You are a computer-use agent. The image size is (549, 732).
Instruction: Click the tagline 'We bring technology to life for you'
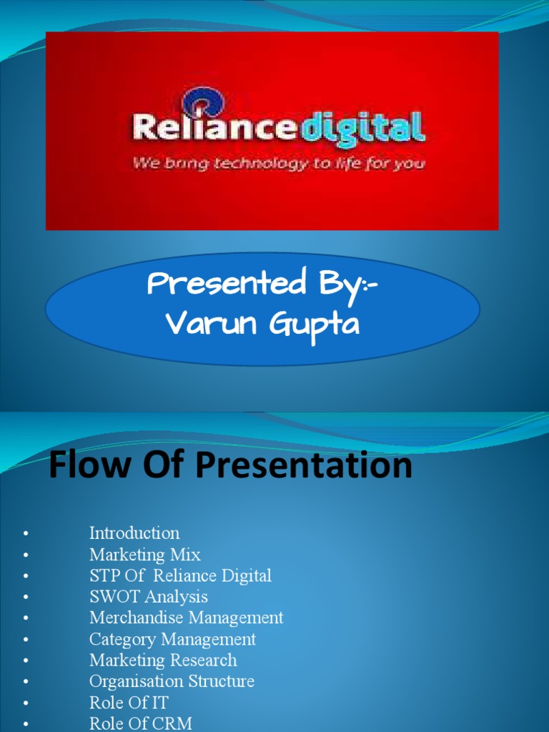coord(278,164)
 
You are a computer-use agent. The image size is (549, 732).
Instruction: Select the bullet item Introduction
coord(134,533)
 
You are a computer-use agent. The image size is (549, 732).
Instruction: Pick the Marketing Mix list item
coord(145,555)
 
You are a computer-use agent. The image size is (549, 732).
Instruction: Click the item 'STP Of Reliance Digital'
coord(180,575)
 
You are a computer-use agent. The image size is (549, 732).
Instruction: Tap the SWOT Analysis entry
coord(149,596)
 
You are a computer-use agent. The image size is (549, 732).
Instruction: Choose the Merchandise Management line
coord(186,618)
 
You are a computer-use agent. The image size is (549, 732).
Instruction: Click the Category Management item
coord(172,639)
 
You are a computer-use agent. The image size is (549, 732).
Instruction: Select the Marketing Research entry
coord(163,660)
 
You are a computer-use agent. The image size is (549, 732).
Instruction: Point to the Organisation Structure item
coord(172,681)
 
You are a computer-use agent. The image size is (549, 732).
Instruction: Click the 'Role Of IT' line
coord(129,702)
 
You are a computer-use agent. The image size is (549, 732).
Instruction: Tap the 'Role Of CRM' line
coord(141,723)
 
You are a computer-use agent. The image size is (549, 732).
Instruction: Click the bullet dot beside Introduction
coord(26,534)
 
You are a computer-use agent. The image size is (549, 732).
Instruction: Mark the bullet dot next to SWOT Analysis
coord(26,597)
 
